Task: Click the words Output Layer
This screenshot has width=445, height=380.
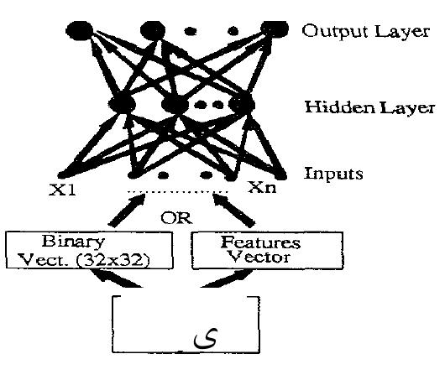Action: (x=365, y=31)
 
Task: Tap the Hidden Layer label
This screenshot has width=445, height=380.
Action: (x=369, y=107)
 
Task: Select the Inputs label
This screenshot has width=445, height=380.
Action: (x=333, y=174)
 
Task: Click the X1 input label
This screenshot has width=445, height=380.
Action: (x=63, y=190)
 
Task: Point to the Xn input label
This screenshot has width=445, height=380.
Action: (x=262, y=187)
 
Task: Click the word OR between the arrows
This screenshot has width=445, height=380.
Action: (x=176, y=218)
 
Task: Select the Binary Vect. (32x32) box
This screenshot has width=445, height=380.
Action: (x=89, y=250)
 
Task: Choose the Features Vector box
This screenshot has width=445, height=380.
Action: (x=268, y=251)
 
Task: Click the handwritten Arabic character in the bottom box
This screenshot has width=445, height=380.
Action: (x=206, y=338)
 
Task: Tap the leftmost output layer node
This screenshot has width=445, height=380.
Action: (x=80, y=29)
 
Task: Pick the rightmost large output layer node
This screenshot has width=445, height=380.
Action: (x=275, y=29)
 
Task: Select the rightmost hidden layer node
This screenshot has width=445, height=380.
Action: (x=242, y=104)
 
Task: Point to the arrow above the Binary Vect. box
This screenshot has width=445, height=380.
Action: (x=127, y=211)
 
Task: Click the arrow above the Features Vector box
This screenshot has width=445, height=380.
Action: (x=233, y=211)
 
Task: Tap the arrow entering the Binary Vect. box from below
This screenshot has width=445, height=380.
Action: (x=116, y=278)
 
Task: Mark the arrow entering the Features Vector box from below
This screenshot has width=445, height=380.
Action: (x=227, y=278)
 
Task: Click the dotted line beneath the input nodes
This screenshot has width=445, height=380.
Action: (x=178, y=192)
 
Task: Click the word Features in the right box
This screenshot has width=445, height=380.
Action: (x=260, y=242)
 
